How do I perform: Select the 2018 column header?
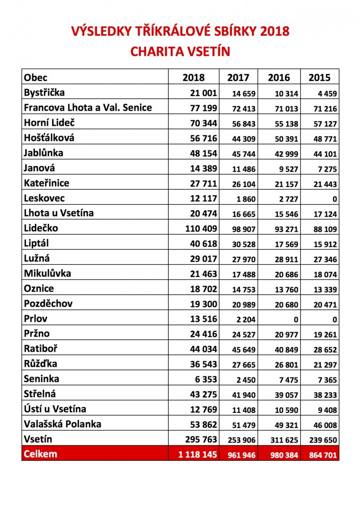(194, 77)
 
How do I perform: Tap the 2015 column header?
(319, 77)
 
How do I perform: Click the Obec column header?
(36, 77)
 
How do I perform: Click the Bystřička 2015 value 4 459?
(326, 94)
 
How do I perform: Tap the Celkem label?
(41, 454)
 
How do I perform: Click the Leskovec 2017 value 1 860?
(245, 199)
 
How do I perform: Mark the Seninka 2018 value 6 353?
(204, 379)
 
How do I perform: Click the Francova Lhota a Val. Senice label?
(88, 107)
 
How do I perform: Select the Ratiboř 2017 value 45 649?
(244, 350)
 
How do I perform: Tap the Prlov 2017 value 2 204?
(245, 320)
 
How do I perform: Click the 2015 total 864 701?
(323, 455)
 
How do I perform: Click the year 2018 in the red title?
(273, 32)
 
